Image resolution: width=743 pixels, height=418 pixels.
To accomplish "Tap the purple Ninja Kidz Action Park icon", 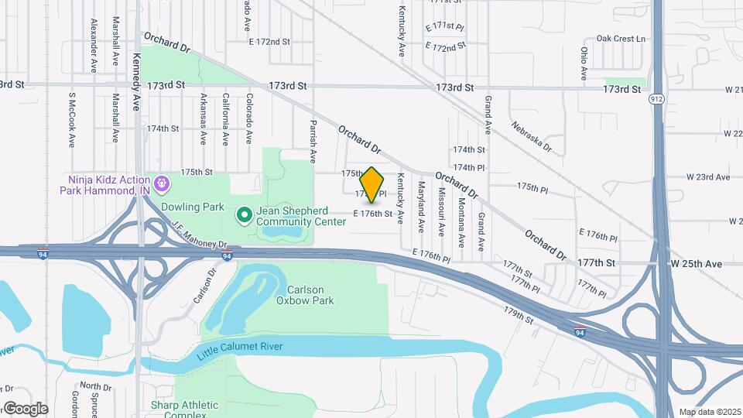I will [x=161, y=183].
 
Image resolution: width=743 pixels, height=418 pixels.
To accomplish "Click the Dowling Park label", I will [x=192, y=207].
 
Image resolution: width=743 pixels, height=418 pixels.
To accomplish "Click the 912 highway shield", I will [x=656, y=100].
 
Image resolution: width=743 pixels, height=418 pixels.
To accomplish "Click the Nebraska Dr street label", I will [x=531, y=135].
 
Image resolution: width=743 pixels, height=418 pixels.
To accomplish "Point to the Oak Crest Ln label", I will [x=621, y=39].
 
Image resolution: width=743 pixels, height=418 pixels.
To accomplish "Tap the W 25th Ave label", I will [x=696, y=264].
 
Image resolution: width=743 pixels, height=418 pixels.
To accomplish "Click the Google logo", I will [x=25, y=408].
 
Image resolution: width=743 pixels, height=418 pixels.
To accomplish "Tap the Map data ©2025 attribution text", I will [x=709, y=412].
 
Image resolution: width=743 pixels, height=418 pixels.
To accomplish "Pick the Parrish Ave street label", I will [x=313, y=141].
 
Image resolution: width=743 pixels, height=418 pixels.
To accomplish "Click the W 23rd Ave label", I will [x=708, y=177].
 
